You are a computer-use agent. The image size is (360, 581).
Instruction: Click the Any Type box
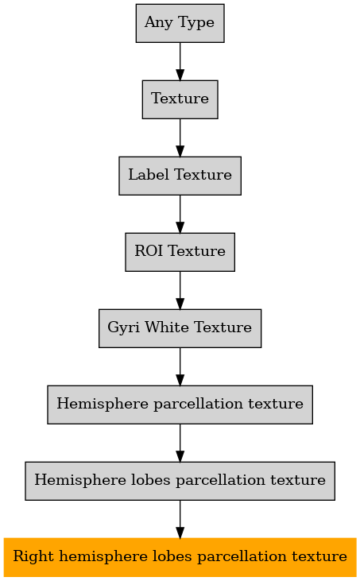click(x=180, y=23)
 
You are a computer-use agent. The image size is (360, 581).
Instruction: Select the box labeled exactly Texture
click(x=180, y=99)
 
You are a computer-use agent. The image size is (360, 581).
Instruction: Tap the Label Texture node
click(x=180, y=176)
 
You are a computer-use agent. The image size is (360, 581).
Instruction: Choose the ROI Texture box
click(x=180, y=252)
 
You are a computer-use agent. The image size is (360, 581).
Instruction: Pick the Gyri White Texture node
click(x=180, y=328)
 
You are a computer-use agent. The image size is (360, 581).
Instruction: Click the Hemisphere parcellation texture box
click(x=180, y=405)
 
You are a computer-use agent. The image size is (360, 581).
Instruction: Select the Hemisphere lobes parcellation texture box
click(x=180, y=481)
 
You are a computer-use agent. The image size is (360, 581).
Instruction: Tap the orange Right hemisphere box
click(x=180, y=557)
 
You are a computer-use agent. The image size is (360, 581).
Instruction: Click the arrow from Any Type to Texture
click(x=180, y=61)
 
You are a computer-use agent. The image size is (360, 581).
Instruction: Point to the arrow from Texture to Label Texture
click(x=180, y=138)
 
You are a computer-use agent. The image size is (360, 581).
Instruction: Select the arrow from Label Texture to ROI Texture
click(x=180, y=214)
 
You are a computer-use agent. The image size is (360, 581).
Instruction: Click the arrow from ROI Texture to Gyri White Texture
click(x=180, y=291)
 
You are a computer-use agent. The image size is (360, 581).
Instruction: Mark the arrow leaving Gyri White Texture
click(x=180, y=367)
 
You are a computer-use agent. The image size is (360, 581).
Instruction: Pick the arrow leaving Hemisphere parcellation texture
click(x=180, y=443)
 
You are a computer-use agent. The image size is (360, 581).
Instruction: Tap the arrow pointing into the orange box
click(x=180, y=520)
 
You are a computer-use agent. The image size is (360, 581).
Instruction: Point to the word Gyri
click(x=124, y=328)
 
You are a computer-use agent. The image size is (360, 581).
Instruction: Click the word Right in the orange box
click(x=33, y=557)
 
